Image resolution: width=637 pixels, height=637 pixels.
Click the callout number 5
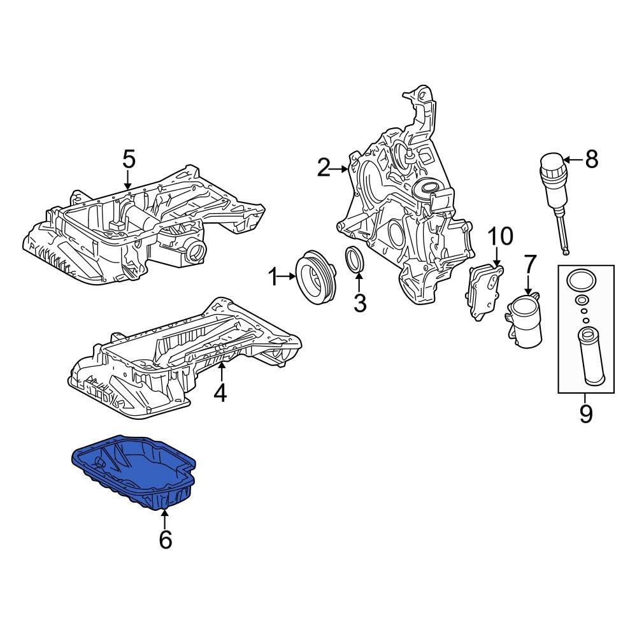click(129, 159)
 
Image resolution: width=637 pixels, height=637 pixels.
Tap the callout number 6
click(165, 540)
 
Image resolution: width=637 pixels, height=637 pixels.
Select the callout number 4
click(220, 393)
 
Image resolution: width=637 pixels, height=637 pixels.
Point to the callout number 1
click(273, 277)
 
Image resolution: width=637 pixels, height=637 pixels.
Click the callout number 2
click(324, 168)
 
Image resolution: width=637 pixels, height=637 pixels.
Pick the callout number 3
click(360, 303)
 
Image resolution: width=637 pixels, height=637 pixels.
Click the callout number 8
click(592, 159)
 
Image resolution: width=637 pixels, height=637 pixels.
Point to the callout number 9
click(586, 414)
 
